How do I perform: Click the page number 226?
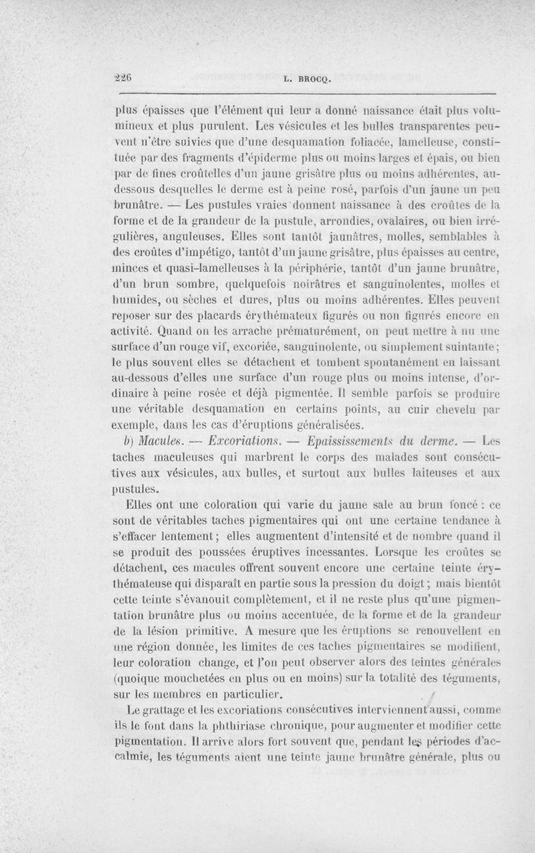[123, 77]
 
